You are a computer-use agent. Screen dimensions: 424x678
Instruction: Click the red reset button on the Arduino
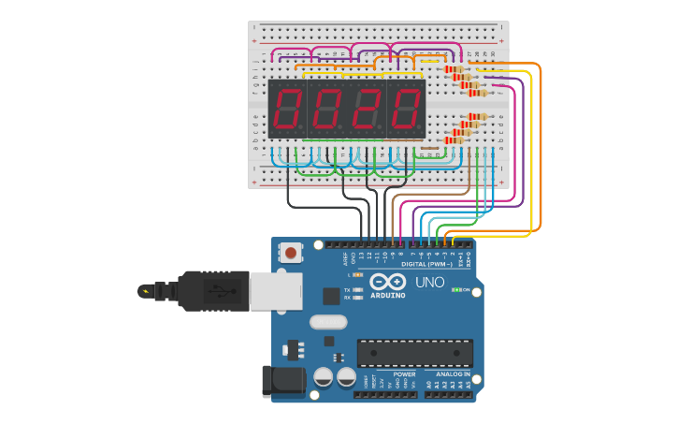click(292, 252)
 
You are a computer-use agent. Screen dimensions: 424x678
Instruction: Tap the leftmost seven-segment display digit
click(288, 109)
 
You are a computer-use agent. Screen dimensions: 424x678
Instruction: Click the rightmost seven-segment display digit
click(406, 109)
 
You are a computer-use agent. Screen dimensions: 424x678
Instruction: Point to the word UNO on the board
click(429, 283)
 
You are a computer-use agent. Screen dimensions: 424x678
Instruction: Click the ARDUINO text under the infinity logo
click(388, 295)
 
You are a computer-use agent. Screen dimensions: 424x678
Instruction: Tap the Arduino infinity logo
click(387, 282)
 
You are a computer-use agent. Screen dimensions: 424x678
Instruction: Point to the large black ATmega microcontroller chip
click(414, 353)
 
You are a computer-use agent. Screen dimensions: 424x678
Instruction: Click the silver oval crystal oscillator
click(327, 322)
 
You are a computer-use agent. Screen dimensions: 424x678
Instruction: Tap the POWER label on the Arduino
click(404, 374)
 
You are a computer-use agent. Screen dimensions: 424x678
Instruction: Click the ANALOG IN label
click(453, 374)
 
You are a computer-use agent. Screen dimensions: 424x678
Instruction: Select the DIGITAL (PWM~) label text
click(426, 264)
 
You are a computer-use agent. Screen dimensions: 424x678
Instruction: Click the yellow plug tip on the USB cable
click(145, 290)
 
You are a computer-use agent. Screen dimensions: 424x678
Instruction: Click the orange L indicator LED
click(359, 274)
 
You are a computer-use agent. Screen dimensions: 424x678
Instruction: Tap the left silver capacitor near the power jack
click(324, 378)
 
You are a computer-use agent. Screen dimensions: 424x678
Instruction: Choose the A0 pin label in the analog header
click(430, 385)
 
